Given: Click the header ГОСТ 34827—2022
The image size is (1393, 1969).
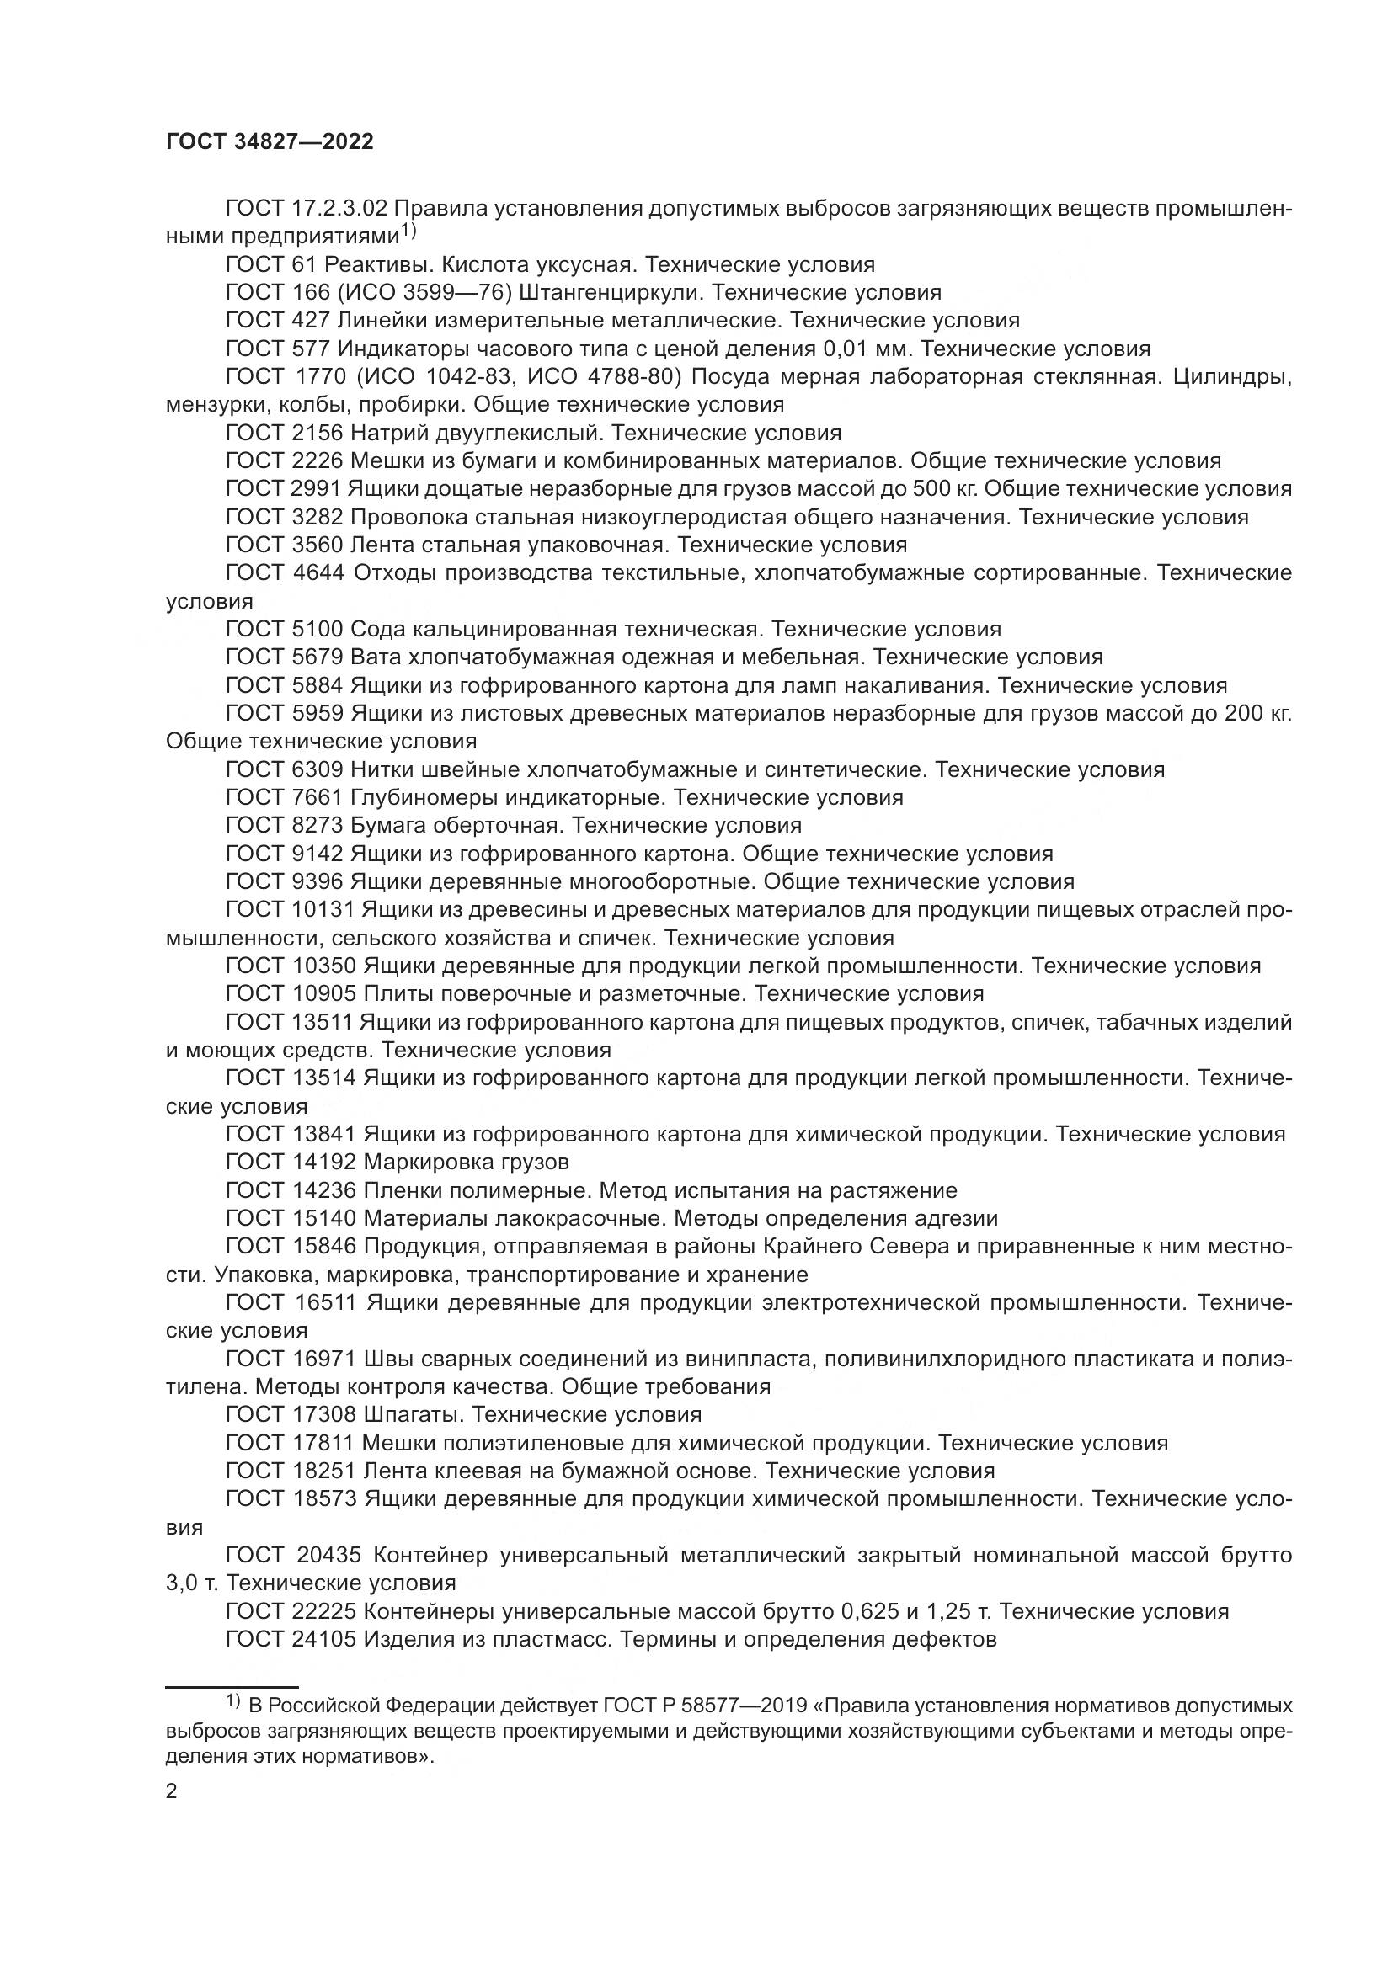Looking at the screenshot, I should tap(270, 142).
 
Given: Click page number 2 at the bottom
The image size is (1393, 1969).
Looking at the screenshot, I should tap(172, 1791).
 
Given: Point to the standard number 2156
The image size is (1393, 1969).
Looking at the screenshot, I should tap(317, 432).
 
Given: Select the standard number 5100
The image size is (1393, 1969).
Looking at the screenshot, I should tap(317, 630).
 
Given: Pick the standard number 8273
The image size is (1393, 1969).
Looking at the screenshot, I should tap(317, 826).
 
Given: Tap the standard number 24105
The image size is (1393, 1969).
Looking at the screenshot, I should tap(323, 1640).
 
